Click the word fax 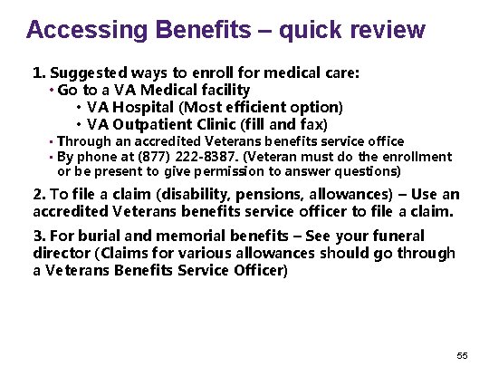[312, 123]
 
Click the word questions [369, 170]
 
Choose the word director [62, 253]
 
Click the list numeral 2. [37, 195]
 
